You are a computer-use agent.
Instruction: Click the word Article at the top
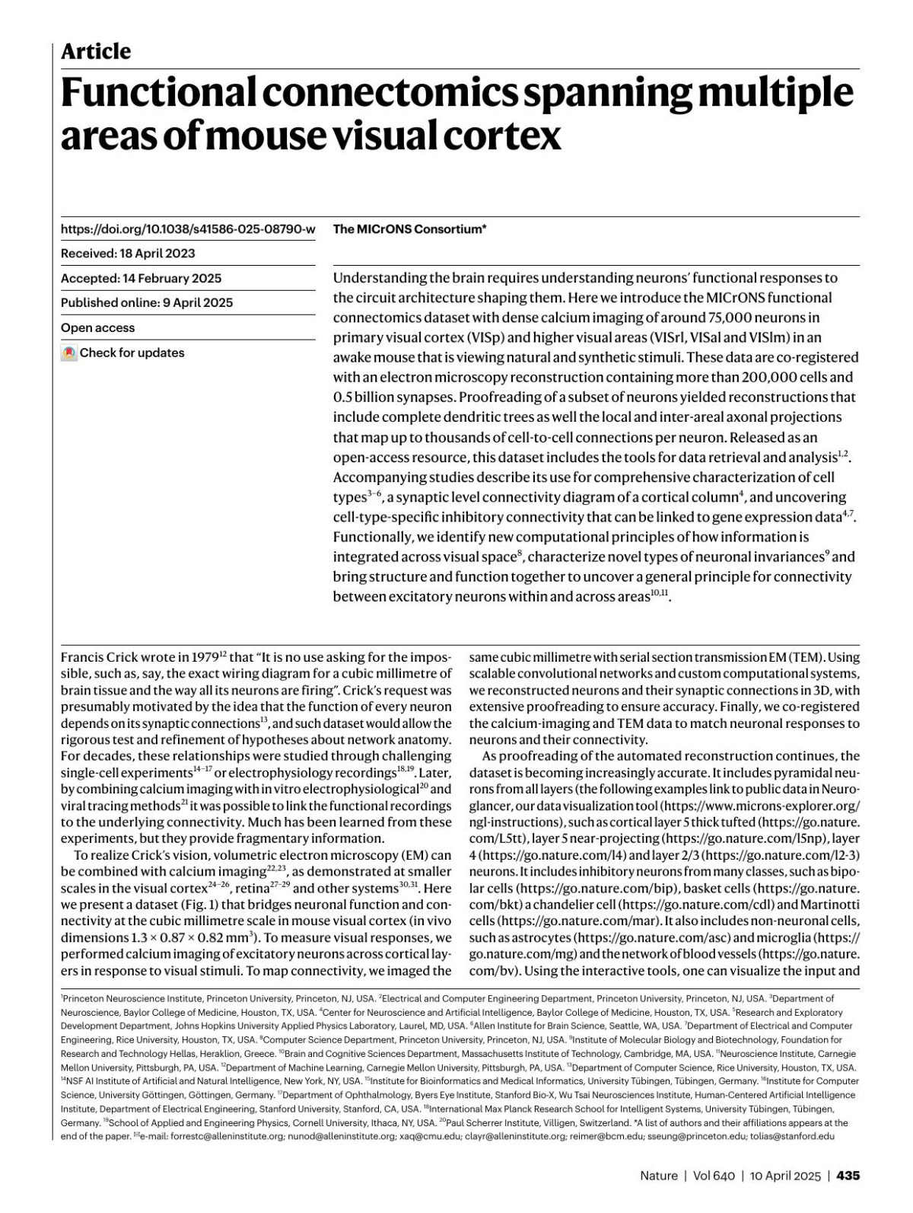[96, 52]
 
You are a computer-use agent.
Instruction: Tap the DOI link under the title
[188, 229]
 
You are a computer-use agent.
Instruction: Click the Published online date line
[147, 303]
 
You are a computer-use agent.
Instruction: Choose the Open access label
[97, 328]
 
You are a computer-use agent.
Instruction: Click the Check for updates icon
[69, 353]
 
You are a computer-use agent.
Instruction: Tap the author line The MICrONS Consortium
[409, 229]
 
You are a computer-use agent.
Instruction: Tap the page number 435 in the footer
[848, 1176]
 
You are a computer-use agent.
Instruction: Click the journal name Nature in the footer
[658, 1176]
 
